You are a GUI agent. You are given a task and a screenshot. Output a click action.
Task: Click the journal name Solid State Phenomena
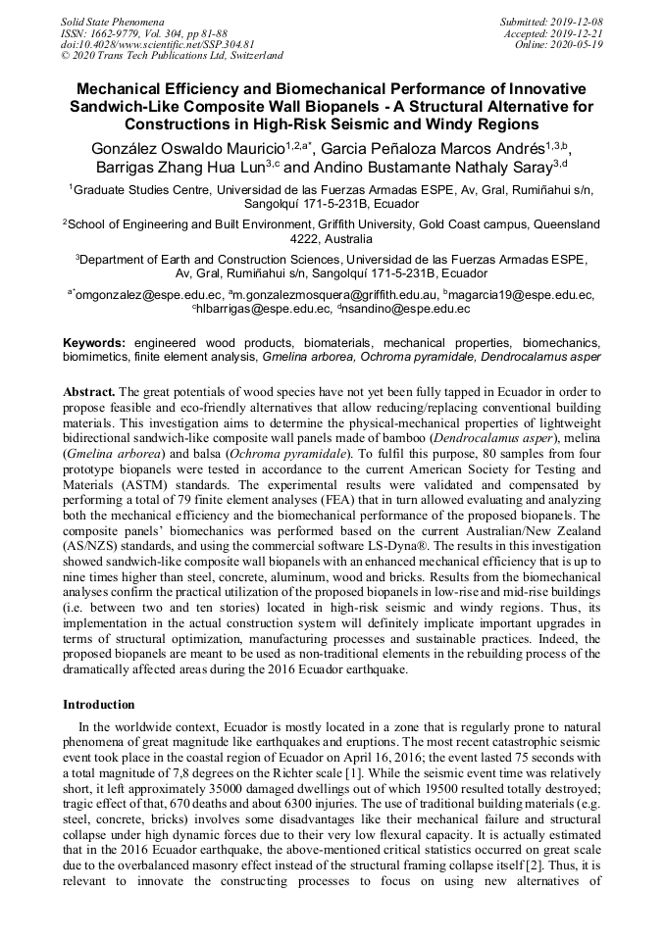point(112,21)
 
